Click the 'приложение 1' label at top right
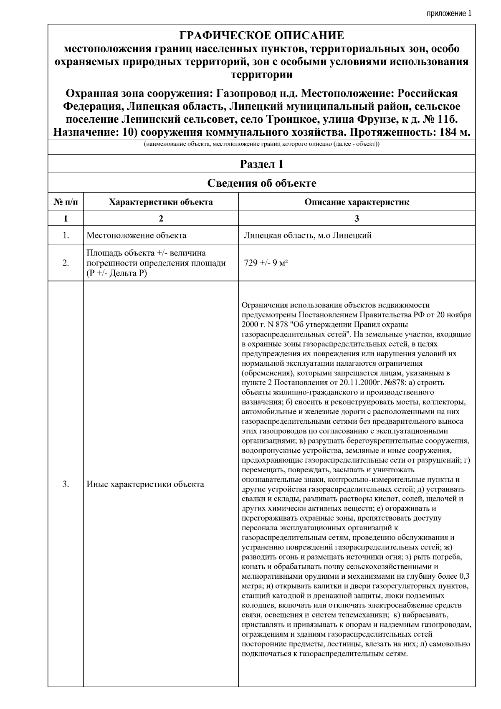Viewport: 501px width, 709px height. (448, 13)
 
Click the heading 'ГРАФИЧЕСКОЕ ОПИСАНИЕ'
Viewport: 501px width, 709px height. (261, 35)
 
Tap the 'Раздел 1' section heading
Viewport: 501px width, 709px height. (261, 164)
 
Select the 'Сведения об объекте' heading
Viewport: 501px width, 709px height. (261, 183)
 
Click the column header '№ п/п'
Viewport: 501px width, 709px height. (66, 202)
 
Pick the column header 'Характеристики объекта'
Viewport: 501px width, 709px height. (161, 202)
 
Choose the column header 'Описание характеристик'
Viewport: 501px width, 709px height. (357, 202)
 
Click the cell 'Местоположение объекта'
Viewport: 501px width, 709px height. (137, 235)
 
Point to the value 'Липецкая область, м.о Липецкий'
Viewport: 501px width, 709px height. (308, 235)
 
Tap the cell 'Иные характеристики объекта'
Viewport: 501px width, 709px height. (145, 484)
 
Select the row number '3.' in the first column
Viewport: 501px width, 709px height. (66, 484)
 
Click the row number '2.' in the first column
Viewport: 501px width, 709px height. (66, 263)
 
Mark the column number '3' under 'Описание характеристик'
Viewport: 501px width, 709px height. (357, 218)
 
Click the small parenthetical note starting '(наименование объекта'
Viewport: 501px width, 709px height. (261, 144)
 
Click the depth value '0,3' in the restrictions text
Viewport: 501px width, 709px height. (464, 576)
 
